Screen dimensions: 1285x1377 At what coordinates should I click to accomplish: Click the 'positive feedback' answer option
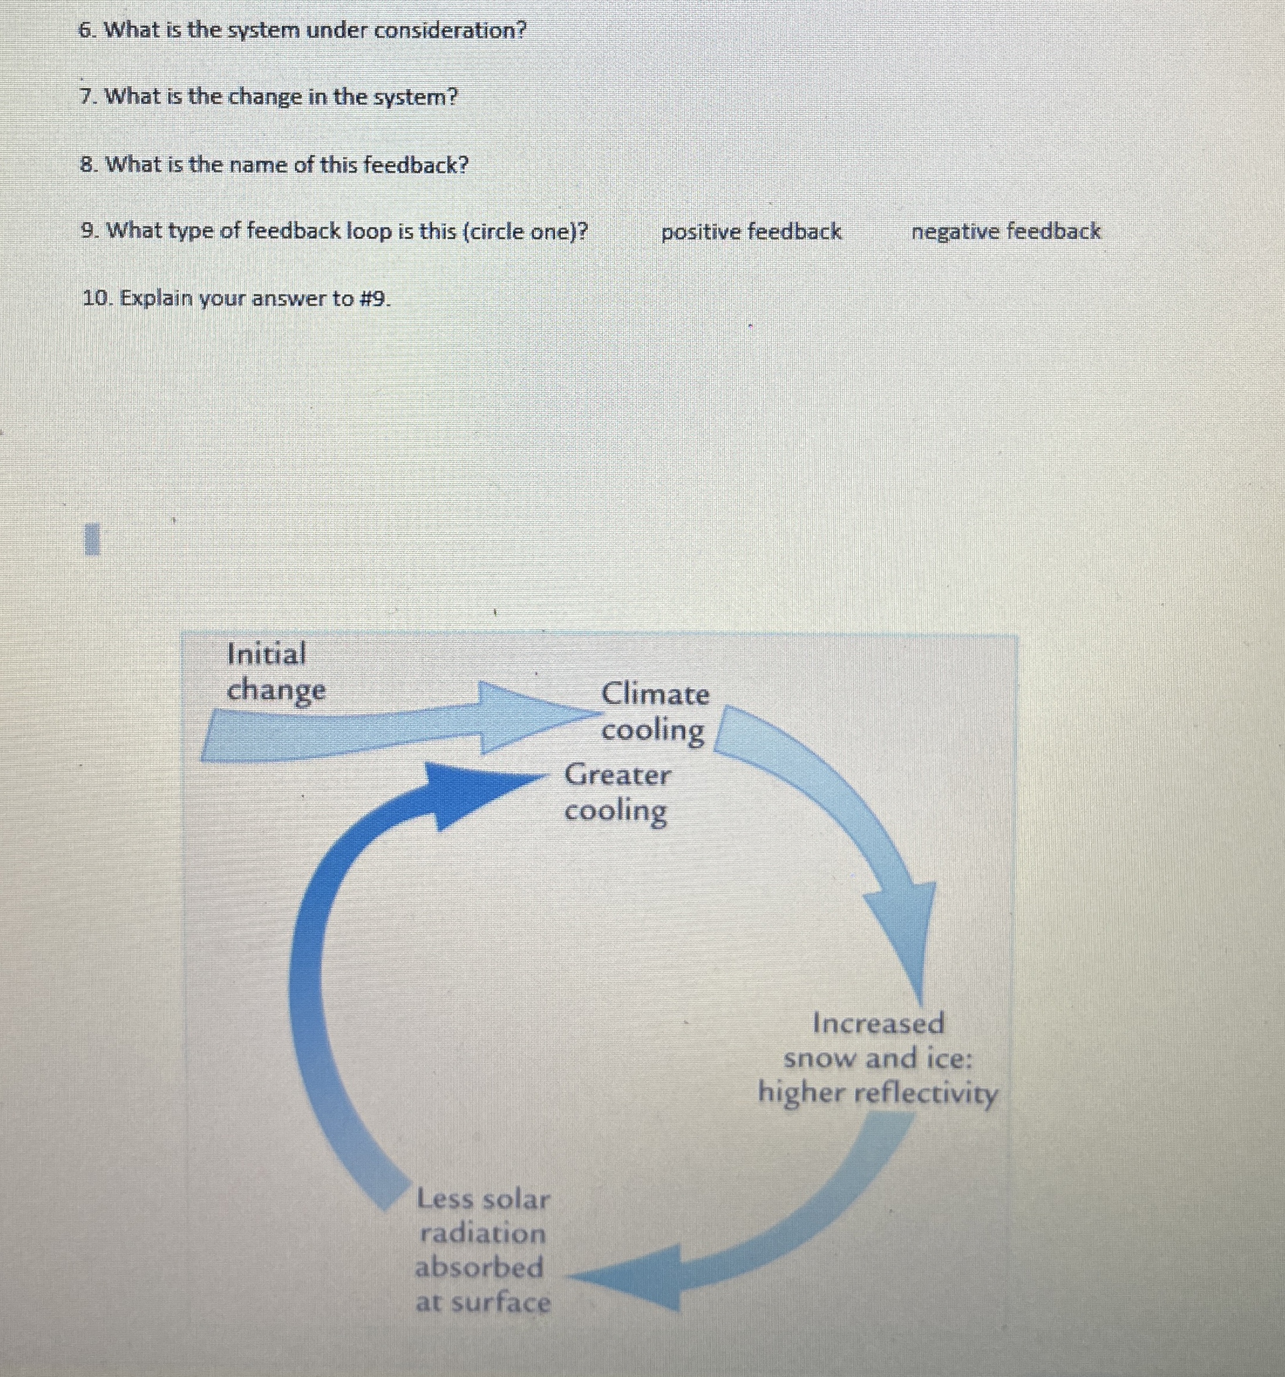coord(751,232)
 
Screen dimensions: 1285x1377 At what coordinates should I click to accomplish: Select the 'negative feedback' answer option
coord(1005,232)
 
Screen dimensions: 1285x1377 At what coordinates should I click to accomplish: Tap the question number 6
coord(87,30)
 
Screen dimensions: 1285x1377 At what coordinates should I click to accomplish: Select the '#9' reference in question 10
coord(375,298)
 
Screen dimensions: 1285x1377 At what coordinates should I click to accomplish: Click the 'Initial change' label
coord(276,671)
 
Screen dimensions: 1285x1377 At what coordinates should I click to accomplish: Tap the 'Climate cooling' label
coord(655,711)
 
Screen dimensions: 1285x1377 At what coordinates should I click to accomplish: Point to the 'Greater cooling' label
coord(617,793)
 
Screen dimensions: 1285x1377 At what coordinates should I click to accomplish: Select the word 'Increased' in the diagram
coord(878,1023)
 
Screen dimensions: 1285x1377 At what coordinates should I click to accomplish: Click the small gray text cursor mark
coord(94,539)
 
